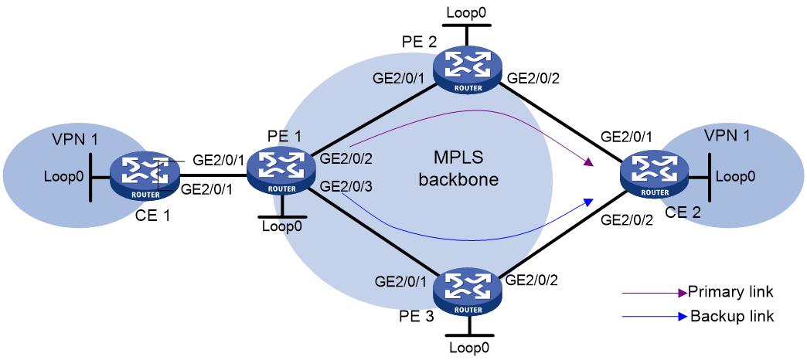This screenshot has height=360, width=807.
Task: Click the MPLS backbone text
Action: (x=458, y=169)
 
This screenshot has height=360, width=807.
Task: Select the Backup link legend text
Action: (x=732, y=316)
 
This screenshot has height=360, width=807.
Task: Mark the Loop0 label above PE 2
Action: (x=466, y=12)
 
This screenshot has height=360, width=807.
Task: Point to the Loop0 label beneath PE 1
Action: (x=282, y=226)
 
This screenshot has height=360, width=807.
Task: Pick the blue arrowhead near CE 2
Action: (x=587, y=202)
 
